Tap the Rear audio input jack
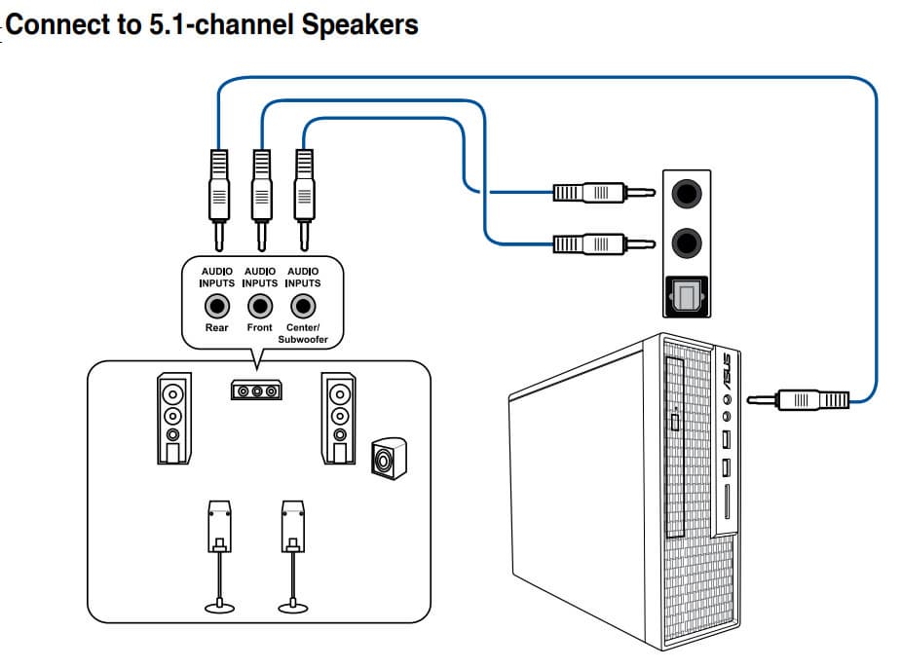pos(216,307)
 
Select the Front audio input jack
pos(260,307)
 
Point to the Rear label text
pos(216,328)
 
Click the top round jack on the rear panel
pos(688,194)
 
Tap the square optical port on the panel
pos(688,295)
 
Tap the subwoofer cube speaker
pos(389,458)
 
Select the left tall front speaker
pos(172,420)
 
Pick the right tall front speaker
pos(339,420)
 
